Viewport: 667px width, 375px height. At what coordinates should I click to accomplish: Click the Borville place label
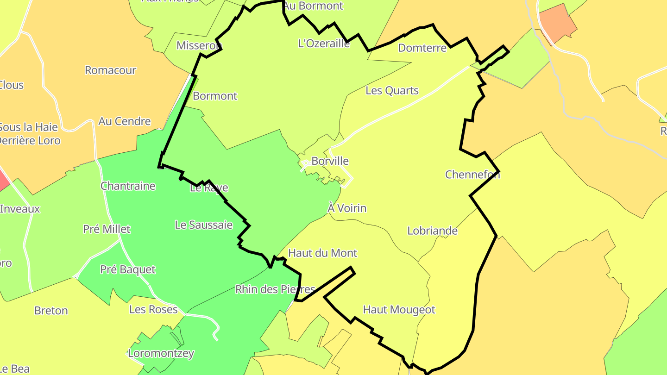click(330, 161)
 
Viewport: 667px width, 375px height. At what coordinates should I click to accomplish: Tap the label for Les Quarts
click(392, 91)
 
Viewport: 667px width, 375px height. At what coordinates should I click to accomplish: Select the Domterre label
click(422, 48)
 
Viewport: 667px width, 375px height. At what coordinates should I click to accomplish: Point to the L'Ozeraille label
click(324, 44)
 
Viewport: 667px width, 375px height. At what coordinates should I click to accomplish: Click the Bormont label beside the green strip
click(215, 96)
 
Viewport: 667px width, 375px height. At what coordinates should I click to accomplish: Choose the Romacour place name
click(110, 70)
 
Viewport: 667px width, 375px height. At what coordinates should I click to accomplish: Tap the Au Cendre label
click(125, 121)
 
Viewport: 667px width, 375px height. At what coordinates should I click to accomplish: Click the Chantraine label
click(128, 186)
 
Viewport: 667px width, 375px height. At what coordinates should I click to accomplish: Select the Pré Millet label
click(107, 229)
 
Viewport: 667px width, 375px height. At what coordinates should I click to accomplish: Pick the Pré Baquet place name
click(128, 269)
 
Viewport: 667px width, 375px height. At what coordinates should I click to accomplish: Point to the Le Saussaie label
click(203, 225)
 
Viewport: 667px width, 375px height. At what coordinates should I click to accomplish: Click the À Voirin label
click(347, 208)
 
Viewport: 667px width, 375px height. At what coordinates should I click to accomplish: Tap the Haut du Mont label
click(322, 253)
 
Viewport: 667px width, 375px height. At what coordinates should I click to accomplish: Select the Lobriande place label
click(432, 231)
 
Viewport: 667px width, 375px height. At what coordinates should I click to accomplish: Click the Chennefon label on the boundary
click(472, 175)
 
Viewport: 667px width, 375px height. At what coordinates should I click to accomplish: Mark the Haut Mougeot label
click(399, 310)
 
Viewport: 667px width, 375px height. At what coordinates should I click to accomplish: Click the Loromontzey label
click(161, 353)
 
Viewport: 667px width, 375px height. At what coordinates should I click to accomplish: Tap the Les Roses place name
click(153, 309)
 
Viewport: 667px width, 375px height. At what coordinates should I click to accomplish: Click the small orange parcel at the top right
click(558, 23)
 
